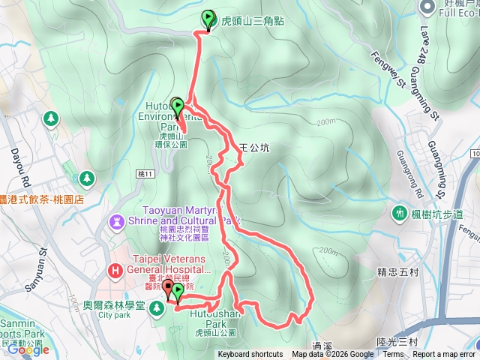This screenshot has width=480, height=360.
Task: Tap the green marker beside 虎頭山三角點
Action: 208,19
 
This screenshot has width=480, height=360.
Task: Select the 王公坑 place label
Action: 253,148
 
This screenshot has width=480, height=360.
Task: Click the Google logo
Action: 28,349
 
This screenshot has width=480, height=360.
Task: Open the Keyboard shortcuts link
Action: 250,355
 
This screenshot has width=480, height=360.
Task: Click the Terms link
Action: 393,355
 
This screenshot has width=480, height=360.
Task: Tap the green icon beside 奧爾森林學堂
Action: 157,307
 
